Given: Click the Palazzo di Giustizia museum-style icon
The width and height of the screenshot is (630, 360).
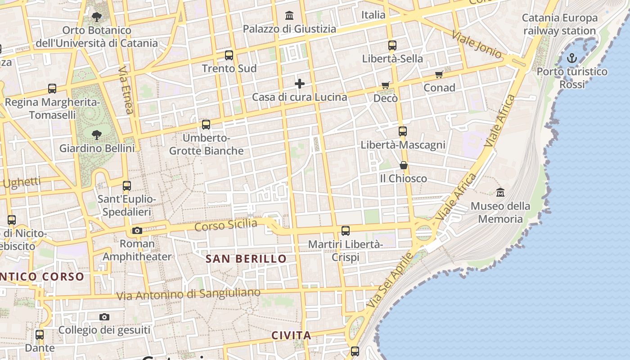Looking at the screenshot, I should [289, 16].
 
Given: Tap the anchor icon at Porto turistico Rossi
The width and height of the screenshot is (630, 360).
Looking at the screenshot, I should [571, 58].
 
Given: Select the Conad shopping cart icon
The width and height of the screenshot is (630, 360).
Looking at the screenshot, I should [439, 74].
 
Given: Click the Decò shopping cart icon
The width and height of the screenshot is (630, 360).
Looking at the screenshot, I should [385, 85].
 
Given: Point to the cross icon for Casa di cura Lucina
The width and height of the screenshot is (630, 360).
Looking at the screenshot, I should [299, 84].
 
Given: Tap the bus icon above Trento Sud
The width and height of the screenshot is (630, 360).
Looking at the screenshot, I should [229, 55].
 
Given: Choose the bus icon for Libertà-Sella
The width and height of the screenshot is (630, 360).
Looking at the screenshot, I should [392, 45].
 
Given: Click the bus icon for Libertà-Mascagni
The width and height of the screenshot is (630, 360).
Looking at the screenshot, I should [403, 131].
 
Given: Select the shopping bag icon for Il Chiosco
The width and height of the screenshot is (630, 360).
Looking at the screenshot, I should [404, 165].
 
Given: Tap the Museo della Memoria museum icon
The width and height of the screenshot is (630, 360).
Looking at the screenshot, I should [500, 193].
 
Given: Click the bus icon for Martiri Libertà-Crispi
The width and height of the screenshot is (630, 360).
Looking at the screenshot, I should [346, 231].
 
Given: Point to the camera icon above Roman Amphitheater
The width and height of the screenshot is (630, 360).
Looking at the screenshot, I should [137, 231].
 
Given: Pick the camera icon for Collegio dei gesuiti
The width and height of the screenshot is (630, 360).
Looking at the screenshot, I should [104, 317].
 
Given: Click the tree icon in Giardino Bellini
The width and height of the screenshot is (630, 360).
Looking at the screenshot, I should [96, 135].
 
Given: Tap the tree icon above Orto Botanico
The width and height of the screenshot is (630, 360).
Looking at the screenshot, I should [96, 17].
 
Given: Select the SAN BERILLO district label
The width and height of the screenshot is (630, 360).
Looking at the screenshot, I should [246, 259].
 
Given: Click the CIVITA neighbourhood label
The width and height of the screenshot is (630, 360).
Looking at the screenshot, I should [291, 335].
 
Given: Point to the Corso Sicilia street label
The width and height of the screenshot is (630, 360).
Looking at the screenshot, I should [226, 225].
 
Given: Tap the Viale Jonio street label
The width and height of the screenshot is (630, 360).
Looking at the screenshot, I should [477, 45].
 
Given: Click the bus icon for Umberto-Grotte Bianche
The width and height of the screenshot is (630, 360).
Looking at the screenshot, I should [206, 125].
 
